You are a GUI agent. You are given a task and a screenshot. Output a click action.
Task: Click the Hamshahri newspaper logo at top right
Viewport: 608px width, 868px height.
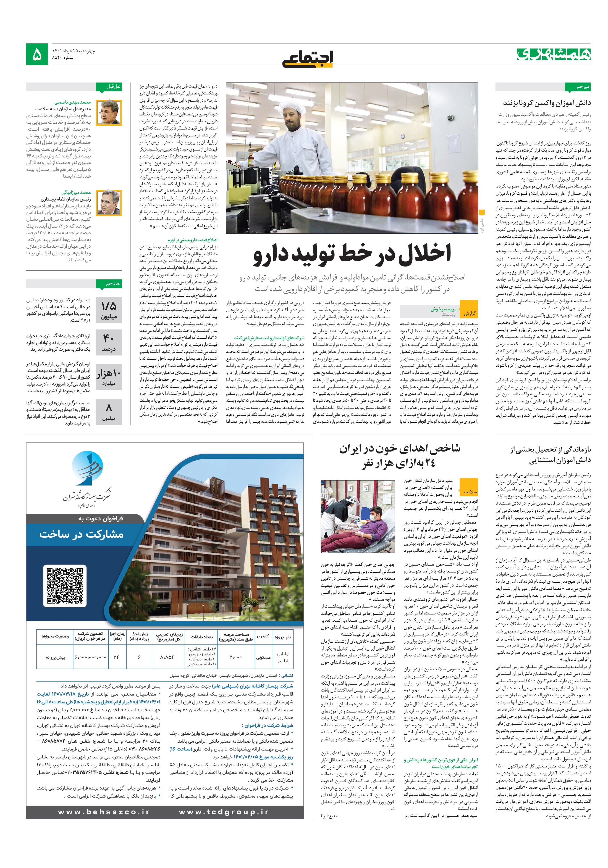coord(554,54)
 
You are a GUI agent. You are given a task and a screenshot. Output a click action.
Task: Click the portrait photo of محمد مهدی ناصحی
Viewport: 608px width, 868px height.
coord(109,112)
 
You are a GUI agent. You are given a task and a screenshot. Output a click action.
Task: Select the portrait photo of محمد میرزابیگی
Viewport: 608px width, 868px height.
coord(109,202)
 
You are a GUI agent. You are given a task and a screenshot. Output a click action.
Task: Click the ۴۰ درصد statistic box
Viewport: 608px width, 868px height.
coord(109,342)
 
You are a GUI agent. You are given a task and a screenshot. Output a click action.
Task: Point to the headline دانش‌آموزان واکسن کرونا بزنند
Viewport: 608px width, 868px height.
coord(546,102)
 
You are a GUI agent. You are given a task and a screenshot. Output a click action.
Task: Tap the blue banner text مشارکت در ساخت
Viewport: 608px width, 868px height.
coord(82,534)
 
